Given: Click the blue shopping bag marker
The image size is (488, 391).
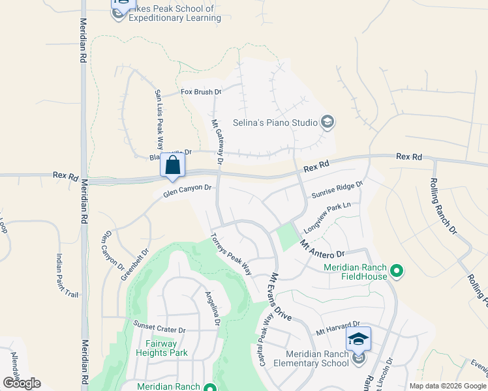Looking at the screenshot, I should [x=172, y=164].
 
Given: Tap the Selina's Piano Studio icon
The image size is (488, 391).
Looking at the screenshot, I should [x=328, y=122].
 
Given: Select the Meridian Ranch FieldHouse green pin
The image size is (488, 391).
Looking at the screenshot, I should [x=395, y=270].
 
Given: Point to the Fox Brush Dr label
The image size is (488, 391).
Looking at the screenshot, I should [x=201, y=93].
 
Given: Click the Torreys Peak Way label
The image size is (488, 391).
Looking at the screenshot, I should [x=231, y=253].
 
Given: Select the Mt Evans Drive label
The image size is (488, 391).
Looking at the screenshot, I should [x=281, y=296].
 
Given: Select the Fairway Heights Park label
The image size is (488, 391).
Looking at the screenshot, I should [x=162, y=348].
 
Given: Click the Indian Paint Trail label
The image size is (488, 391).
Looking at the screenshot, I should [x=67, y=276].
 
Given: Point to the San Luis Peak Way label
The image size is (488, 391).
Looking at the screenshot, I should [x=159, y=119].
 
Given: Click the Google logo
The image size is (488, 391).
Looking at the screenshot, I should [x=22, y=383].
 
